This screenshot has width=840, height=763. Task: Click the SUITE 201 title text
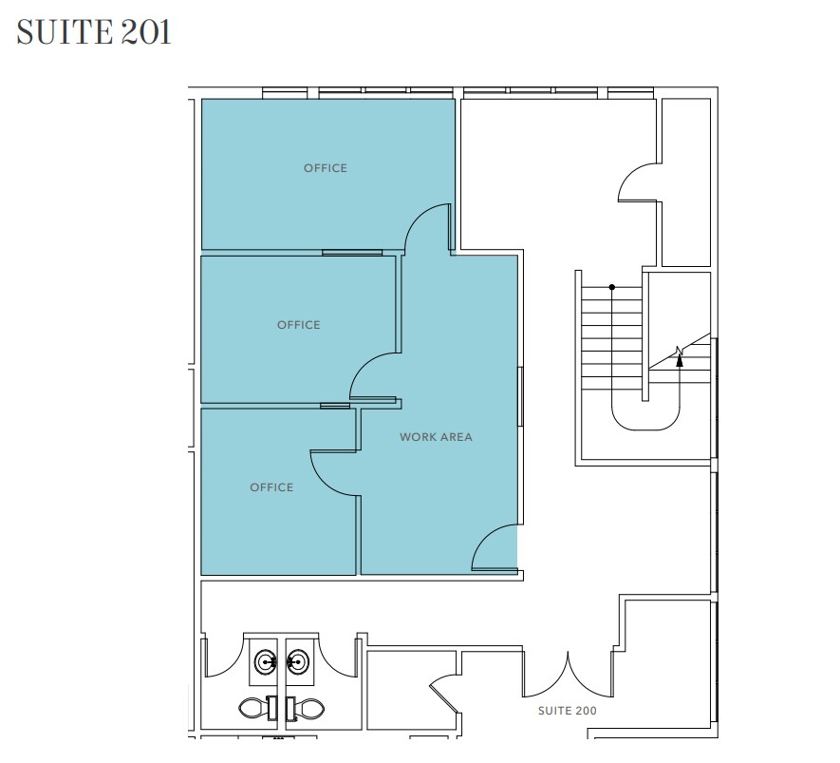click(94, 32)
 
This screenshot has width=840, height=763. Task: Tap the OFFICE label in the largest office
click(326, 168)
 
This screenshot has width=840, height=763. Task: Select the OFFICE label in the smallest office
click(271, 487)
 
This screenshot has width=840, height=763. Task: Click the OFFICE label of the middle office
click(298, 325)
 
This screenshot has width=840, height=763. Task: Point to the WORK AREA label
click(436, 437)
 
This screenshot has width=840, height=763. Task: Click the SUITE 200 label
click(567, 710)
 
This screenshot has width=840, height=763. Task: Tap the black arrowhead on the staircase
click(680, 358)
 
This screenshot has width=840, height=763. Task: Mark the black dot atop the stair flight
click(612, 287)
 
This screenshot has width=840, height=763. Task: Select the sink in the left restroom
click(264, 660)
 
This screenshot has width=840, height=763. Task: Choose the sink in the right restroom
click(298, 660)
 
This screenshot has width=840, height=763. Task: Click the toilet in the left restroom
click(253, 707)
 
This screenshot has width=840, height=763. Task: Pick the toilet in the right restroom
click(308, 707)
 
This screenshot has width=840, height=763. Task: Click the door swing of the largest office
click(427, 228)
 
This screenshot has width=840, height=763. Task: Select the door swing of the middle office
click(373, 375)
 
